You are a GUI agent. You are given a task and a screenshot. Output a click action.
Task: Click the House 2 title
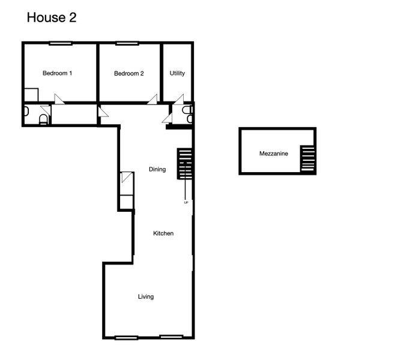[x=52, y=17]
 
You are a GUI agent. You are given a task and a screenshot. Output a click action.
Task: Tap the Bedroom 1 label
[x=58, y=73]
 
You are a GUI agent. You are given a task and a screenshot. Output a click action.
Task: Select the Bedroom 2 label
[x=129, y=73]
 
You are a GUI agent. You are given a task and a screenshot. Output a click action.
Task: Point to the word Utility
[x=177, y=73]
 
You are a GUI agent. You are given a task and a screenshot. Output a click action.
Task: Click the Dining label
[x=157, y=169]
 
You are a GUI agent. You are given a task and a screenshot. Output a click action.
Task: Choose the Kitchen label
[x=163, y=233]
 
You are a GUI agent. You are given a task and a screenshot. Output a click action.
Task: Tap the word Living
[x=146, y=297]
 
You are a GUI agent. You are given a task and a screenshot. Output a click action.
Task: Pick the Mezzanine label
[x=274, y=154]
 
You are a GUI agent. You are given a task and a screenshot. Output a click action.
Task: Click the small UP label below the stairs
[x=186, y=203]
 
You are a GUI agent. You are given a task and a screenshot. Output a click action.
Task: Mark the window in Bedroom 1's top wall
[x=61, y=43]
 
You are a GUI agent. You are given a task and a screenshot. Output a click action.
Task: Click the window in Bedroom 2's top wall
[x=127, y=43]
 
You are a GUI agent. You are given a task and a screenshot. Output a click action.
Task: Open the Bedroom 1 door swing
[x=59, y=99]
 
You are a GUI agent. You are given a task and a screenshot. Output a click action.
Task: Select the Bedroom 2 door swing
[x=152, y=99]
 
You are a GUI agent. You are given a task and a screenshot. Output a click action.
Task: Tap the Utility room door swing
[x=179, y=99]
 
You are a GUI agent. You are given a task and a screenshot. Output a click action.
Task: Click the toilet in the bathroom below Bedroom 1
[x=43, y=119]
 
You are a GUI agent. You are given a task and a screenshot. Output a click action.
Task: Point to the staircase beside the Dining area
[x=185, y=164]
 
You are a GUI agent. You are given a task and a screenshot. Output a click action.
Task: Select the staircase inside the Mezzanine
[x=307, y=158]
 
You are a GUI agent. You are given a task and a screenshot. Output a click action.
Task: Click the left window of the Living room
[x=127, y=337]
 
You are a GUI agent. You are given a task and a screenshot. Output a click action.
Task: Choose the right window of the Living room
[x=171, y=337]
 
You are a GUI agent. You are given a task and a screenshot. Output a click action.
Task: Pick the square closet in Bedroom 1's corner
[x=31, y=95]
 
